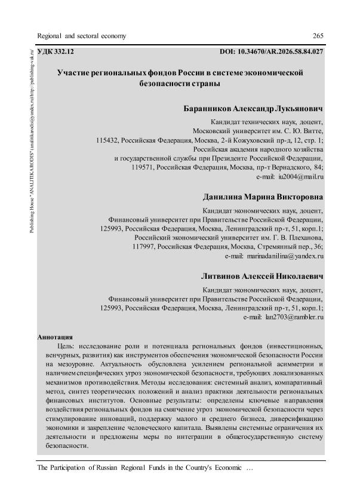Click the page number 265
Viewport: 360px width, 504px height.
coord(318,36)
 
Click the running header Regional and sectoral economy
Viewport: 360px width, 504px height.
coord(82,36)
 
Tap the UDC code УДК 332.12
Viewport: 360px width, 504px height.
coord(56,53)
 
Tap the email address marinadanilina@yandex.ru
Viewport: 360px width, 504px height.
coord(286,256)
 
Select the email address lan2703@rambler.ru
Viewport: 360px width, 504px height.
coord(293,318)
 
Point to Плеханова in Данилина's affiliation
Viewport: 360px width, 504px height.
coord(304,236)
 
